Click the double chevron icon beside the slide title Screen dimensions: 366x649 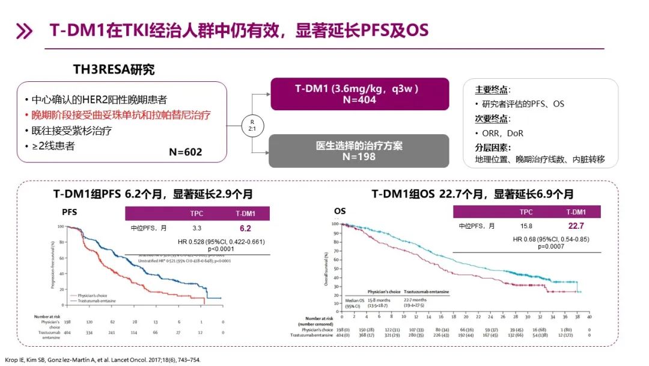24,31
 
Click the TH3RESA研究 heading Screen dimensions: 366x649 114,70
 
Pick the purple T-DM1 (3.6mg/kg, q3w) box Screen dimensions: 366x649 359,94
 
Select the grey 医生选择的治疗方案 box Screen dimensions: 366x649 359,150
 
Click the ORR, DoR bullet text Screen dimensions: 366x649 504,133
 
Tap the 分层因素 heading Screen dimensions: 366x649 493,147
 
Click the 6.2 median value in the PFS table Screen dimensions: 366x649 245,229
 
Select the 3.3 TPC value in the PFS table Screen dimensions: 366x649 197,229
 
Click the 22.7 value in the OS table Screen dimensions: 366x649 576,226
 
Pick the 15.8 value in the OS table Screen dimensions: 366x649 526,226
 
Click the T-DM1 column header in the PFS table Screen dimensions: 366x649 245,214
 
